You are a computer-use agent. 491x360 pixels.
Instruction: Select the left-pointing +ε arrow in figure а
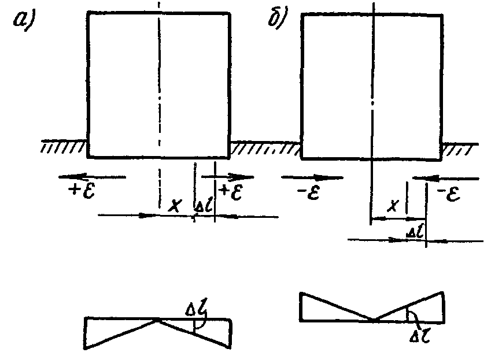(93, 176)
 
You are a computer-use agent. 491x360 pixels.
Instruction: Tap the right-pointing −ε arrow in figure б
(312, 177)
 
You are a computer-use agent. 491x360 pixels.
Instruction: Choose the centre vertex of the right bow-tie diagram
(374, 320)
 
